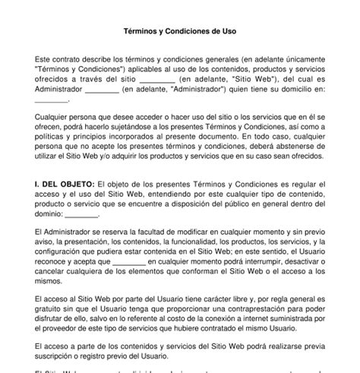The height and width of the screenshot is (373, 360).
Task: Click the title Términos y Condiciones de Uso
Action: click(179, 33)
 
